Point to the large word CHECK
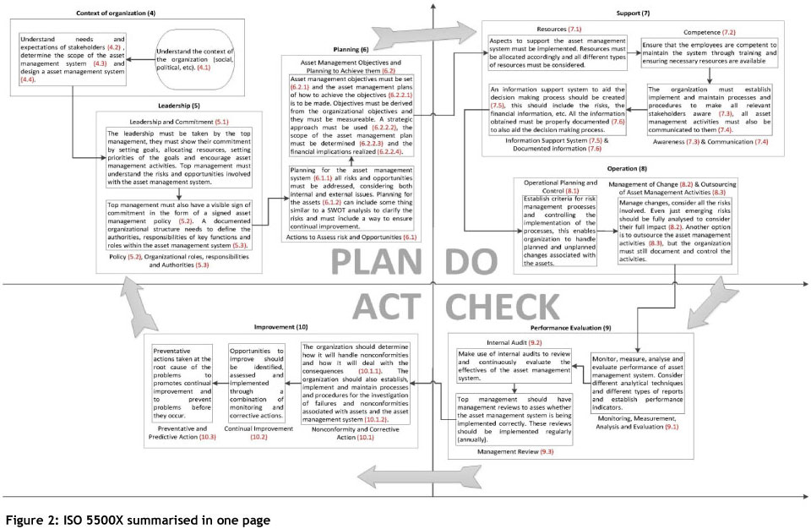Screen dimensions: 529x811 [502, 305]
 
